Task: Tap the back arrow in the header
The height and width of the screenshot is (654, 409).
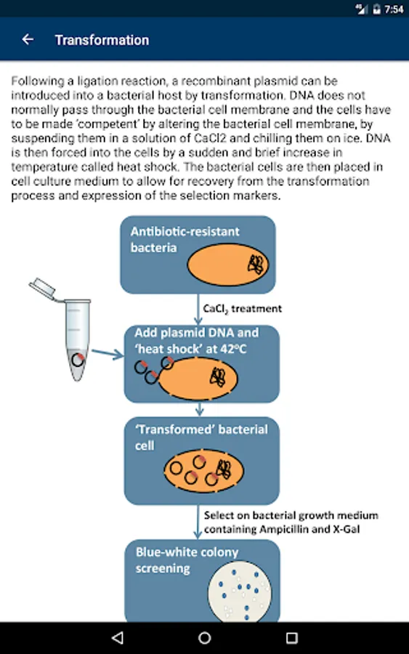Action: (28, 40)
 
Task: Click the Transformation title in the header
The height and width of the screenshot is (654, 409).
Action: (102, 40)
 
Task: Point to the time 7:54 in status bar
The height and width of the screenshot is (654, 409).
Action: (394, 9)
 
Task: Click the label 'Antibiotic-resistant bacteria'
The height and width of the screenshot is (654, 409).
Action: (185, 239)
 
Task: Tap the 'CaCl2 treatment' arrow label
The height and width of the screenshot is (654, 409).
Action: (242, 309)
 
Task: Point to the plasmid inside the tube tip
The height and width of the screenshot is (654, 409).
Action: (78, 360)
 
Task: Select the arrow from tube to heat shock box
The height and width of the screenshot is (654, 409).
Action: (108, 354)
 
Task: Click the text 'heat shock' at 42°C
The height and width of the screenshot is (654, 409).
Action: (191, 349)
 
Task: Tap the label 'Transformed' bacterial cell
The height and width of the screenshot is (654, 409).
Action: (201, 437)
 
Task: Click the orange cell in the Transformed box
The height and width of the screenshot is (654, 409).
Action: (204, 470)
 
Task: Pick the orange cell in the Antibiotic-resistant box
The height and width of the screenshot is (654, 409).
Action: (227, 265)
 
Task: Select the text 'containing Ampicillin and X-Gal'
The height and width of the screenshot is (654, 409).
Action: (282, 529)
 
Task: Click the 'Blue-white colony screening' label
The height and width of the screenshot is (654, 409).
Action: (187, 560)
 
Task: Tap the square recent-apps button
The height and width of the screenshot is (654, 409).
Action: (291, 638)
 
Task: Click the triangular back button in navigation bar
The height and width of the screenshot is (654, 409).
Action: (118, 637)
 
